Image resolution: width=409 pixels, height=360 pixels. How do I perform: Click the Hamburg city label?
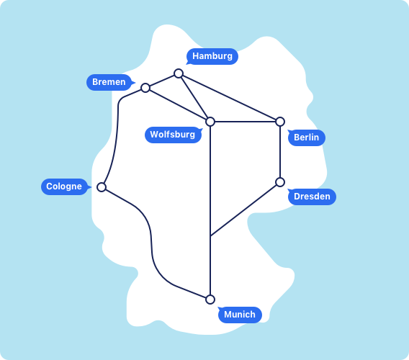pyautogui.click(x=212, y=56)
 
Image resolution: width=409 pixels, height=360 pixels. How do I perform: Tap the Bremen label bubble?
pyautogui.click(x=109, y=82)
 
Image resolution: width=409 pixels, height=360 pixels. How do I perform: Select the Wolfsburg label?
pyautogui.click(x=173, y=135)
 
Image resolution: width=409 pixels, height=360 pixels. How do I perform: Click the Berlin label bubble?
pyautogui.click(x=307, y=138)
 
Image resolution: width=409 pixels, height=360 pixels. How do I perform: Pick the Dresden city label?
pyautogui.click(x=312, y=197)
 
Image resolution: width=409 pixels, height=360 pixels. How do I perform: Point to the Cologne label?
pyautogui.click(x=64, y=186)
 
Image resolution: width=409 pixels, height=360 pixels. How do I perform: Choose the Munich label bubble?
pyautogui.click(x=240, y=315)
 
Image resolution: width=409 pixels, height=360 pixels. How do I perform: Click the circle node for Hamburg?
pyautogui.click(x=179, y=73)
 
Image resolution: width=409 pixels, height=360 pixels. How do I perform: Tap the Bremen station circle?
pyautogui.click(x=145, y=88)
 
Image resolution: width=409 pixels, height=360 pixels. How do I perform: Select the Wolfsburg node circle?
pyautogui.click(x=210, y=122)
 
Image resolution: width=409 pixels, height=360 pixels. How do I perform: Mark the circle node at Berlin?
pyautogui.click(x=280, y=122)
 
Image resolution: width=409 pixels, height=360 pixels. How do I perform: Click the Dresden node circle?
pyautogui.click(x=280, y=182)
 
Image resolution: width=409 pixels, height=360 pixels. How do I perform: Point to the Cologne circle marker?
pyautogui.click(x=102, y=187)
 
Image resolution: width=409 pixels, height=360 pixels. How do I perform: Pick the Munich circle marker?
pyautogui.click(x=210, y=300)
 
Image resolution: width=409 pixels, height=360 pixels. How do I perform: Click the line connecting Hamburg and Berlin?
pyautogui.click(x=229, y=97)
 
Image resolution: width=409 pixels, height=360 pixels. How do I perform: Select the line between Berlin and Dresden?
pyautogui.click(x=280, y=152)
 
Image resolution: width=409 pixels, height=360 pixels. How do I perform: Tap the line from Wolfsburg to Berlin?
pyautogui.click(x=246, y=122)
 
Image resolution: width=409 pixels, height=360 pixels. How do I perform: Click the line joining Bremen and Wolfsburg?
pyautogui.click(x=178, y=105)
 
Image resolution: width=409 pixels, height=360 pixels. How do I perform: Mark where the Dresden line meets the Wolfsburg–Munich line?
pyautogui.click(x=210, y=236)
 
